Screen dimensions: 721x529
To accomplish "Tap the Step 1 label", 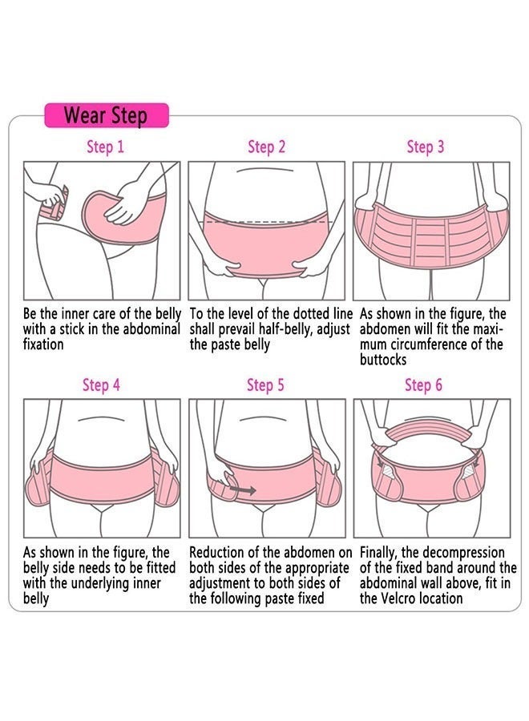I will (105, 147).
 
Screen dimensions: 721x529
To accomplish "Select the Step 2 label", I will (266, 147).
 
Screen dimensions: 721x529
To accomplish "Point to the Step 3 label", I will (425, 147).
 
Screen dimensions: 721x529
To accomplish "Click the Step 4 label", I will (101, 385).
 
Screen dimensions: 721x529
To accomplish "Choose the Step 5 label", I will (265, 385).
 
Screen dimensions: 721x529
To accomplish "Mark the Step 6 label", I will (423, 385).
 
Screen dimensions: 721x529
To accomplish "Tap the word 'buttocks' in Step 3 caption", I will (383, 360).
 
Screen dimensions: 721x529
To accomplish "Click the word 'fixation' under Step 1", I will (43, 344).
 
